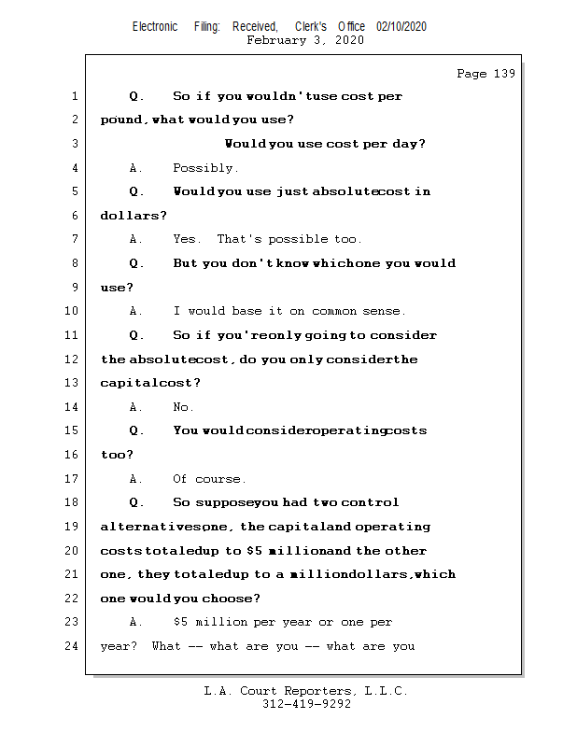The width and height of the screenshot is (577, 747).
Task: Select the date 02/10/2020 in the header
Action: (401, 27)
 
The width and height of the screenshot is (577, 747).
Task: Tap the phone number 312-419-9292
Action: (306, 704)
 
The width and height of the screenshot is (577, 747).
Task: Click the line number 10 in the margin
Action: (73, 311)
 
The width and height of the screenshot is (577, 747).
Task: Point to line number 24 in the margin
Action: (73, 645)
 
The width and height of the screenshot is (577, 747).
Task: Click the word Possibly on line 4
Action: (205, 168)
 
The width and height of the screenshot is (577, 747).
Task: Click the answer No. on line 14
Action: (183, 407)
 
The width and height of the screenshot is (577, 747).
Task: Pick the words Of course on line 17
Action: (209, 479)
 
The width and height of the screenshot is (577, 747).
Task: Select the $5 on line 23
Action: (183, 622)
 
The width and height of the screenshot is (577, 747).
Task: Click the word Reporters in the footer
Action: (314, 691)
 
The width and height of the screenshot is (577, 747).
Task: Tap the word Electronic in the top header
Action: (155, 27)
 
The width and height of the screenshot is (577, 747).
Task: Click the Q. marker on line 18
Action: (136, 502)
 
